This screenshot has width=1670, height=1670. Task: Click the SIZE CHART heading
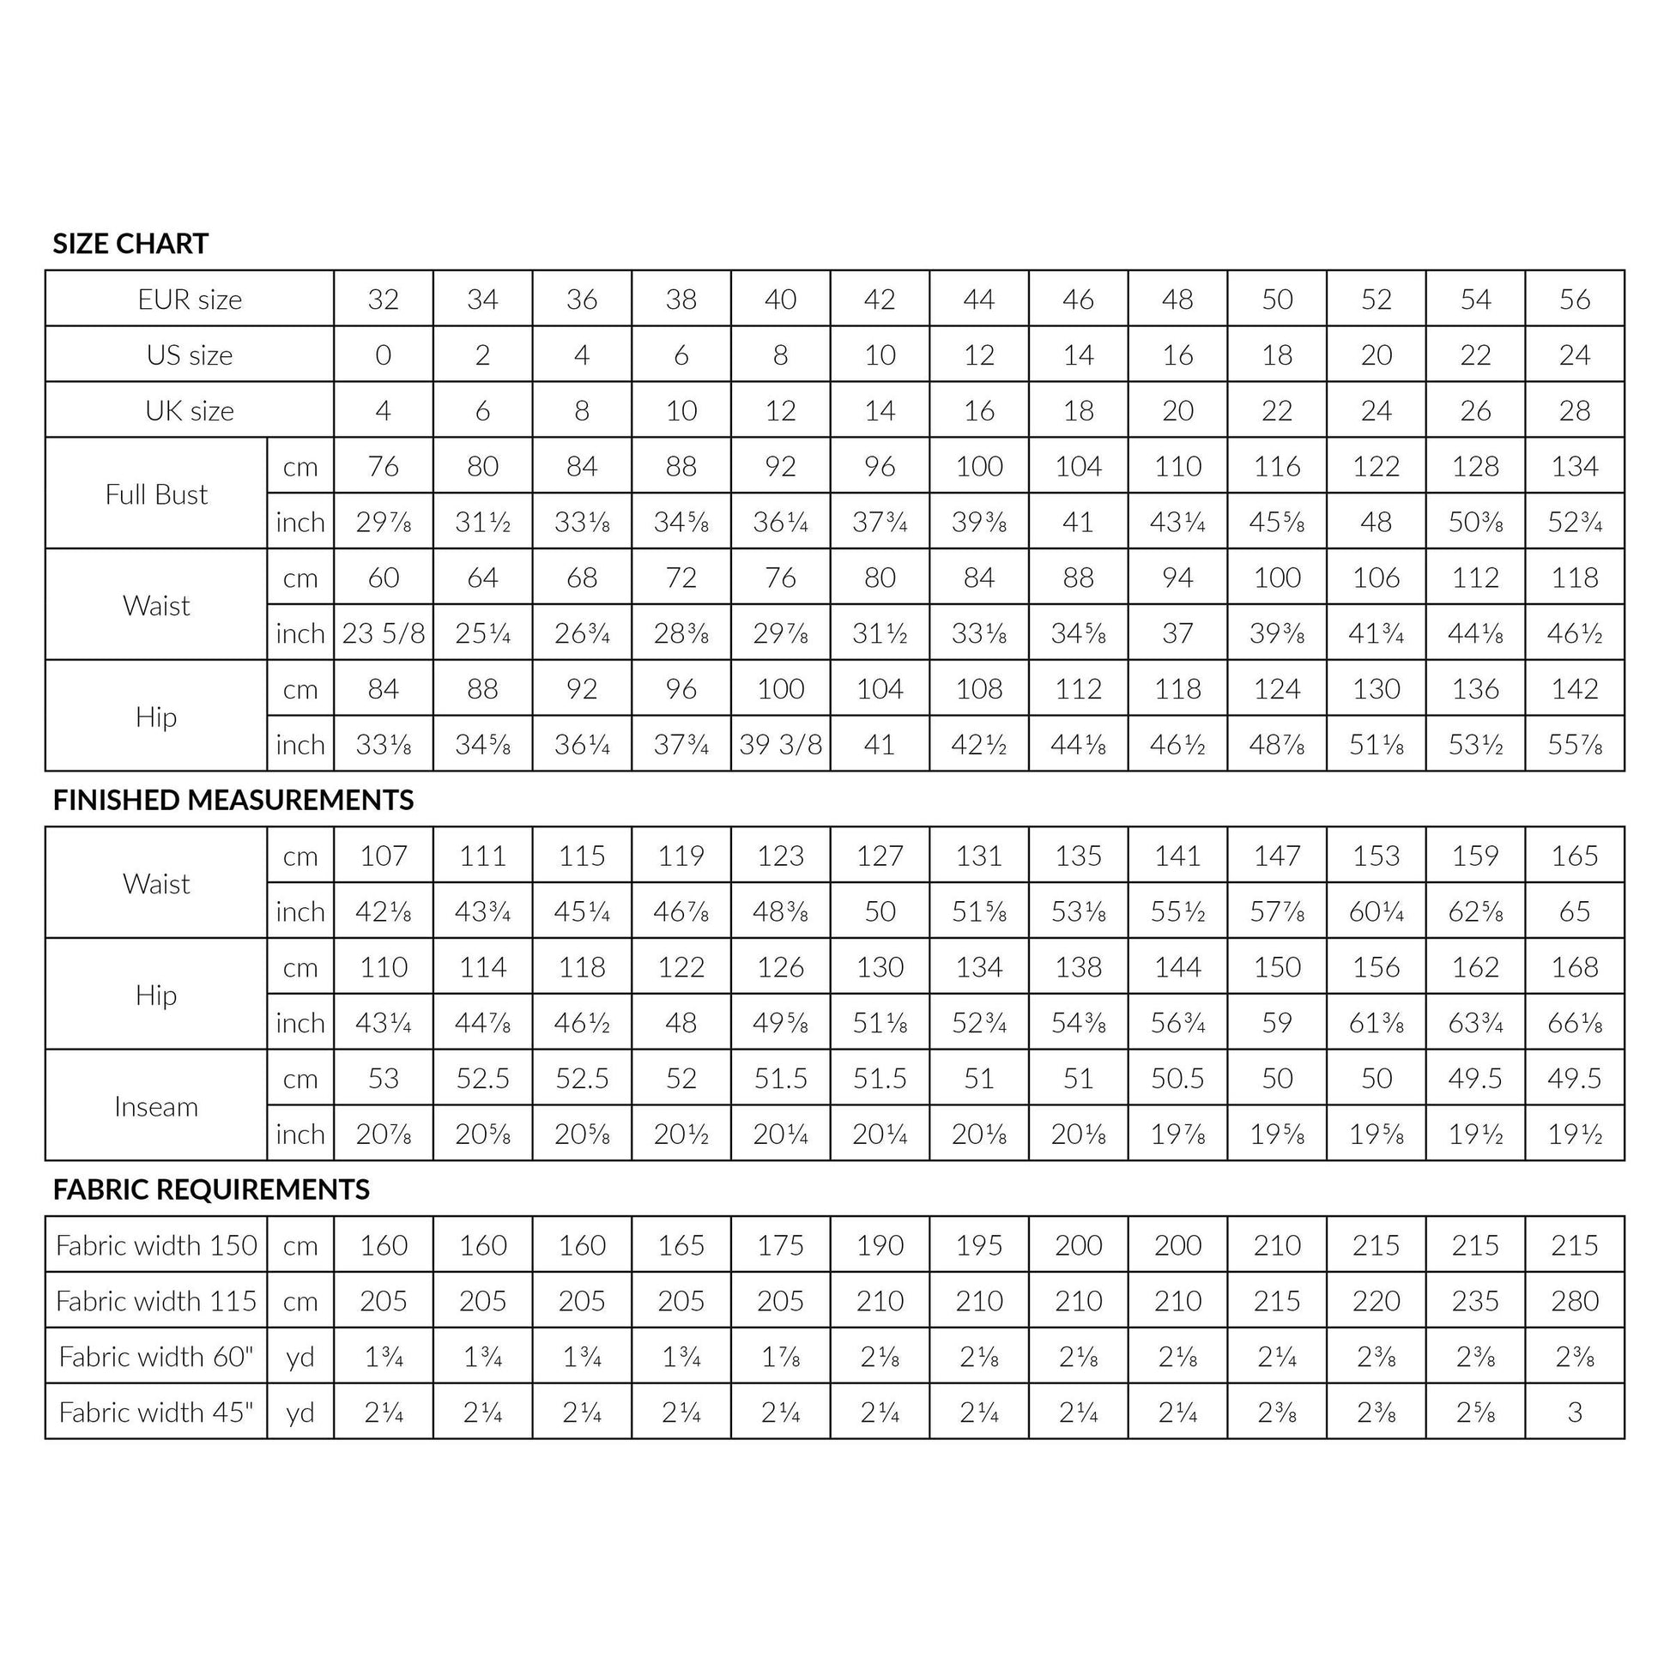point(130,244)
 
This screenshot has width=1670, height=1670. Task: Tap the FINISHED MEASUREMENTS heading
point(233,800)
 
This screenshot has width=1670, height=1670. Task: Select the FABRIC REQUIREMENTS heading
point(211,1189)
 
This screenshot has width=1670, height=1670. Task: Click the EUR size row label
point(190,300)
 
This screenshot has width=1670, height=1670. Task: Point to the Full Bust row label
point(156,494)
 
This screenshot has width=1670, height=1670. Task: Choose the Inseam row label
point(156,1106)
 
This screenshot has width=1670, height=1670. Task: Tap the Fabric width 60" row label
point(156,1356)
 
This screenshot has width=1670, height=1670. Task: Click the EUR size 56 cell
point(1574,300)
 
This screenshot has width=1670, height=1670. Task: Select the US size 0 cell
point(383,355)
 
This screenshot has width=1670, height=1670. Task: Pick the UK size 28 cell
point(1574,410)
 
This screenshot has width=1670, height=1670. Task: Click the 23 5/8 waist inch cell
point(383,633)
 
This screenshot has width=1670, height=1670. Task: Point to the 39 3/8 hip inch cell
point(781,744)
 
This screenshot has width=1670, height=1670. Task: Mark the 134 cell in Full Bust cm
point(1574,467)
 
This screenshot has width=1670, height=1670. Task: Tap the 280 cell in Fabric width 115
point(1574,1301)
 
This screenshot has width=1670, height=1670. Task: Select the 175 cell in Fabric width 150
point(781,1244)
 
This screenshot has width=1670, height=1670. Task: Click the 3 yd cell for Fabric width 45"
point(1574,1413)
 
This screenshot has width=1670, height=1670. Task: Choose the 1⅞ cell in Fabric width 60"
point(781,1356)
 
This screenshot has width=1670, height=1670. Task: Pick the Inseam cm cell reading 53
point(383,1078)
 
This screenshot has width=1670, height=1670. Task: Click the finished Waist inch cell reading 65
point(1574,911)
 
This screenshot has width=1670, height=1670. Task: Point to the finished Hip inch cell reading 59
point(1277,1023)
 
